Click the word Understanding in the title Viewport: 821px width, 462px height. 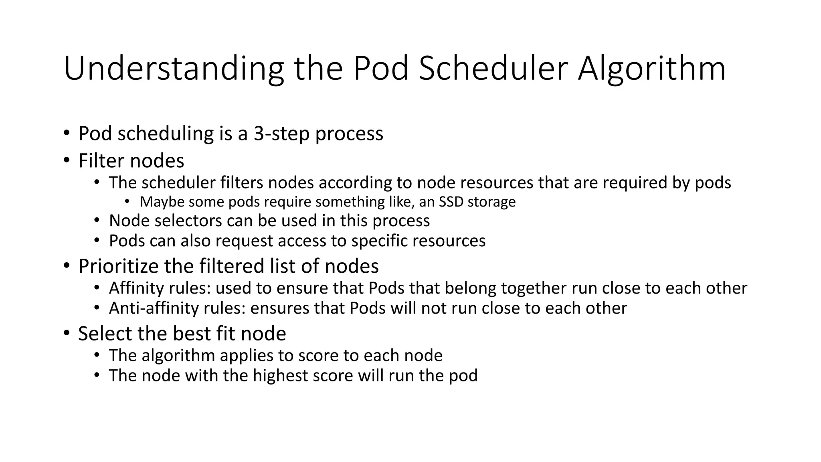174,69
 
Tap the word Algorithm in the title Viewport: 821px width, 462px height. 651,69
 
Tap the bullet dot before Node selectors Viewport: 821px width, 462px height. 97,221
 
